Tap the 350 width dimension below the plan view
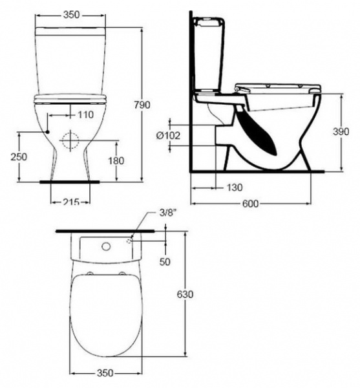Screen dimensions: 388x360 pyautogui.click(x=105, y=373)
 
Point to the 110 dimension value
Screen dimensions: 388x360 pyautogui.click(x=85, y=114)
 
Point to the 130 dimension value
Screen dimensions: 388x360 pyautogui.click(x=234, y=188)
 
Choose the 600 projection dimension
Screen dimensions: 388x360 pyautogui.click(x=252, y=205)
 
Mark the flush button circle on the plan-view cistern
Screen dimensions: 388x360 pyautogui.click(x=105, y=246)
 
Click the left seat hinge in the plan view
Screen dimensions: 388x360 pyautogui.click(x=90, y=275)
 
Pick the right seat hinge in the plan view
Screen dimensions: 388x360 pyautogui.click(x=121, y=275)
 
